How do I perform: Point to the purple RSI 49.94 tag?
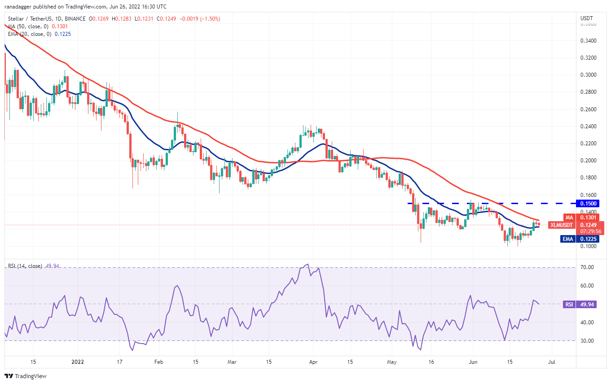point(569,304)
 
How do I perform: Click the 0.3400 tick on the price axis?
point(589,41)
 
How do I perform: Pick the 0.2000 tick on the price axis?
point(589,161)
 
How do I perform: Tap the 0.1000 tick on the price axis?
point(589,246)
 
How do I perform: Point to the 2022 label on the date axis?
point(77,361)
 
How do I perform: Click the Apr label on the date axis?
point(313,361)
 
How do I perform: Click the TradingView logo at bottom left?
point(26,376)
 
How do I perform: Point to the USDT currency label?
point(587,18)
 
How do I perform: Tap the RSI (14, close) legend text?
point(25,266)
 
